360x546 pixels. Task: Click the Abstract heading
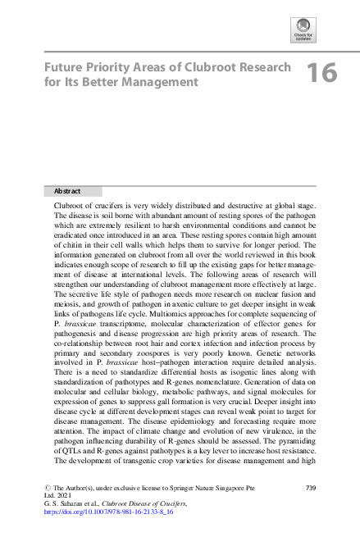point(67,191)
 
